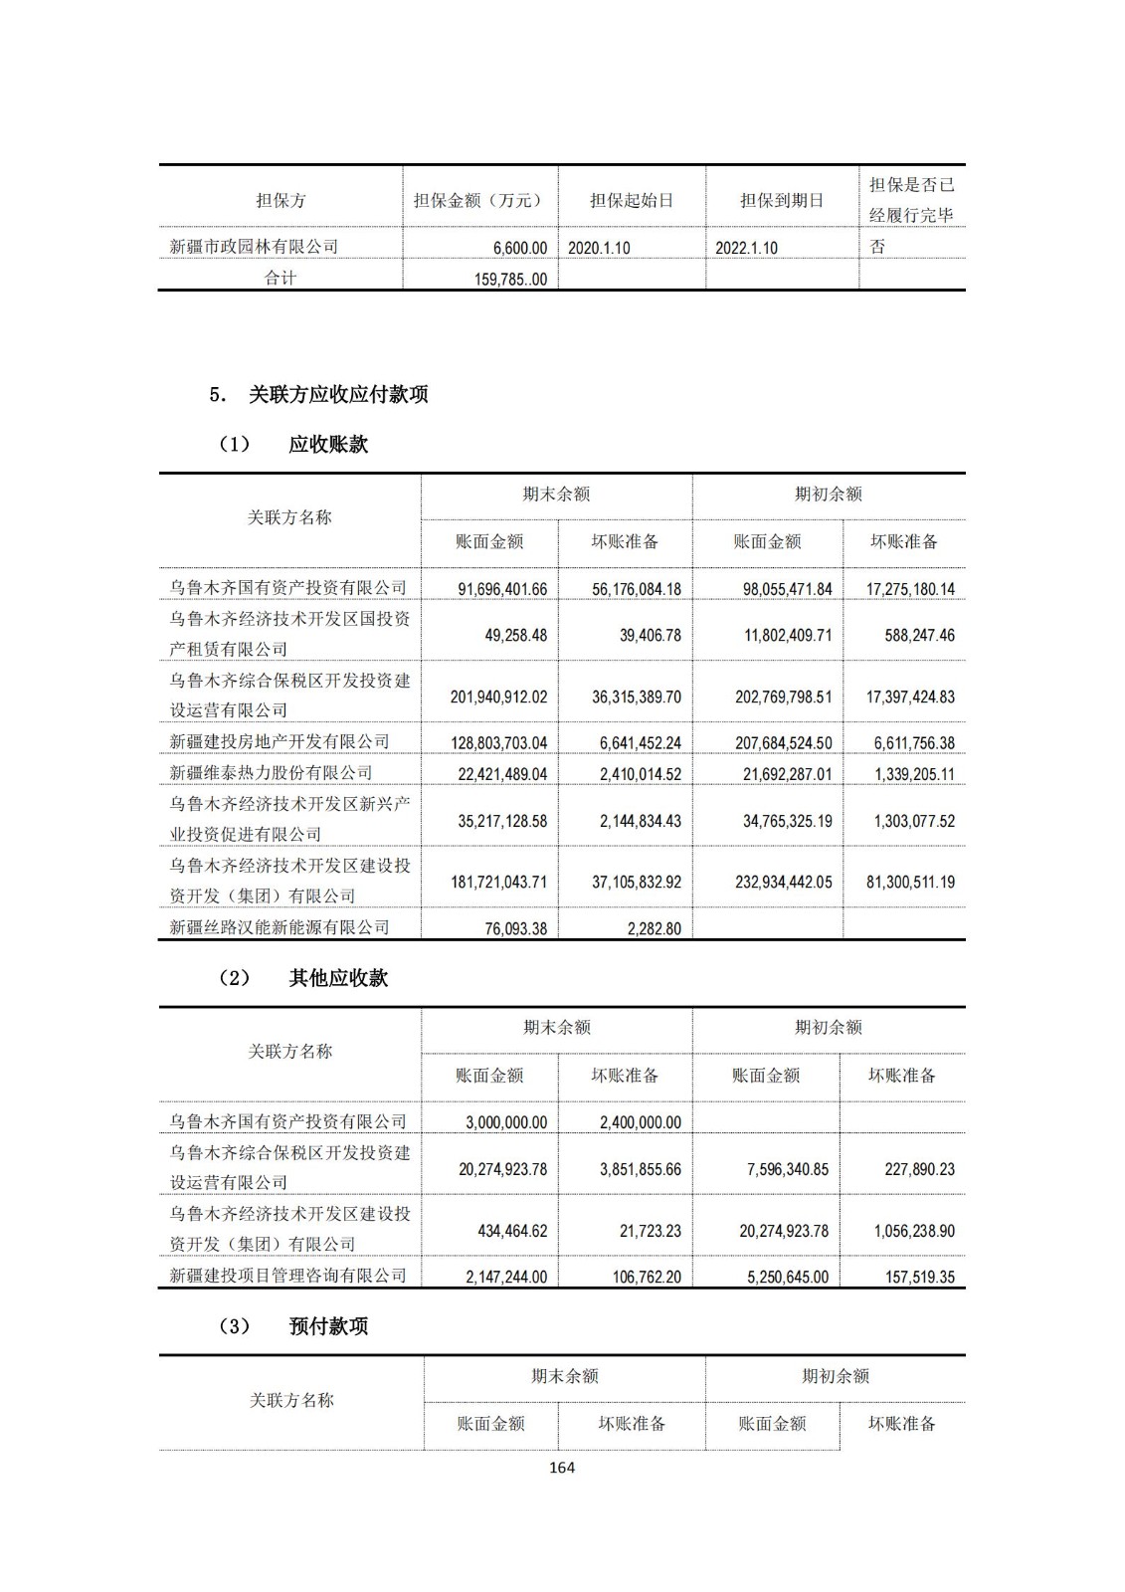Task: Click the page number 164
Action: point(562,1467)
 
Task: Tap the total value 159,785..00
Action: point(510,280)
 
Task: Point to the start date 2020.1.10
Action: point(599,248)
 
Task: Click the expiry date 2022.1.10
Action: point(746,248)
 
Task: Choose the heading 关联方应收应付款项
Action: point(338,394)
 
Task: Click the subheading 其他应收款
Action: point(338,978)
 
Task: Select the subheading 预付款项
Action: point(328,1326)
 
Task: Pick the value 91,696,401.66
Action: point(502,589)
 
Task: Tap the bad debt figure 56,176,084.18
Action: point(637,589)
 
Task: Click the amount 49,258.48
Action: point(515,635)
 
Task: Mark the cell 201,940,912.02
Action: point(498,696)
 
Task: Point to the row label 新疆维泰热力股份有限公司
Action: point(271,772)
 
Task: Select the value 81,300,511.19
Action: point(910,882)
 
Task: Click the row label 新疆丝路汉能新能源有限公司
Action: point(279,927)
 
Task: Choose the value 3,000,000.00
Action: point(506,1122)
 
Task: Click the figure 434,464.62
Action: point(511,1231)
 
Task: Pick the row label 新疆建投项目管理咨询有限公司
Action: point(287,1276)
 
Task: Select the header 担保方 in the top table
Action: point(281,200)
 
